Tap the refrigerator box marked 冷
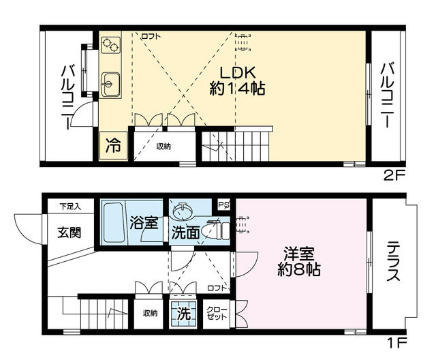coord(114,146)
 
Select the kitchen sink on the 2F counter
coord(110,84)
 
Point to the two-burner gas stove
coord(110,46)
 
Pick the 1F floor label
coord(396,343)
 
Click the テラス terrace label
coord(394,261)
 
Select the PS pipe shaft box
coord(224,205)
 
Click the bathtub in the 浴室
coord(113,222)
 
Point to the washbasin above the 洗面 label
coord(182,211)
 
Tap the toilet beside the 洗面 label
coord(214,230)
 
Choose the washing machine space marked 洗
coord(183,314)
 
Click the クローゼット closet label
coord(217,313)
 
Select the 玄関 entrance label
coord(69,232)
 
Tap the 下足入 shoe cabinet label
coord(70,207)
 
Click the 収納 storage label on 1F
coord(150,313)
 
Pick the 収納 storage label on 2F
coord(163,147)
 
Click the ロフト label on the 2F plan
coord(151,36)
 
